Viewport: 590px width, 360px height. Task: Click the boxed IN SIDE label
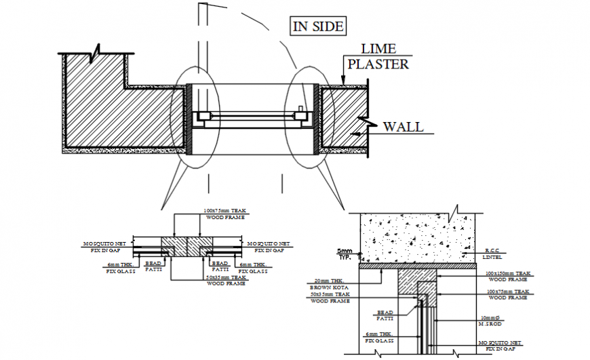click(x=318, y=26)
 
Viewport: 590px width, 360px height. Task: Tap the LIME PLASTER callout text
click(x=378, y=57)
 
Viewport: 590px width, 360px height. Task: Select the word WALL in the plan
click(x=403, y=127)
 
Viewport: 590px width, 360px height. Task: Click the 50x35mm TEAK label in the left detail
click(x=226, y=280)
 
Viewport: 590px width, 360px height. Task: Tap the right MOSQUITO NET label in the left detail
click(x=269, y=246)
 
